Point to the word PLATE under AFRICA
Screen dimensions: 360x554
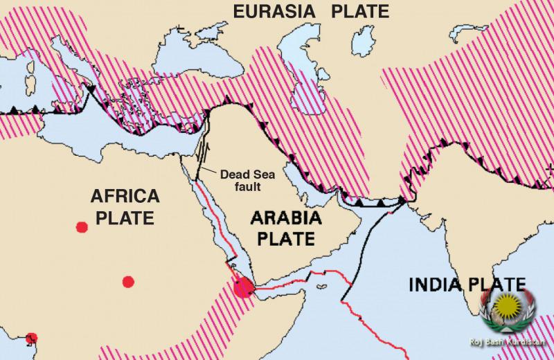tap(124, 218)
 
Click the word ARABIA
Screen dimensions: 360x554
tap(285, 220)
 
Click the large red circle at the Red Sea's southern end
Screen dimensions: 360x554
tap(242, 286)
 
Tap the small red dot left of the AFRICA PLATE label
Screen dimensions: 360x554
tap(82, 226)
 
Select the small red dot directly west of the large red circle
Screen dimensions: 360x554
tap(127, 281)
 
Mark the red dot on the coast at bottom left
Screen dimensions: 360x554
tap(30, 338)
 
